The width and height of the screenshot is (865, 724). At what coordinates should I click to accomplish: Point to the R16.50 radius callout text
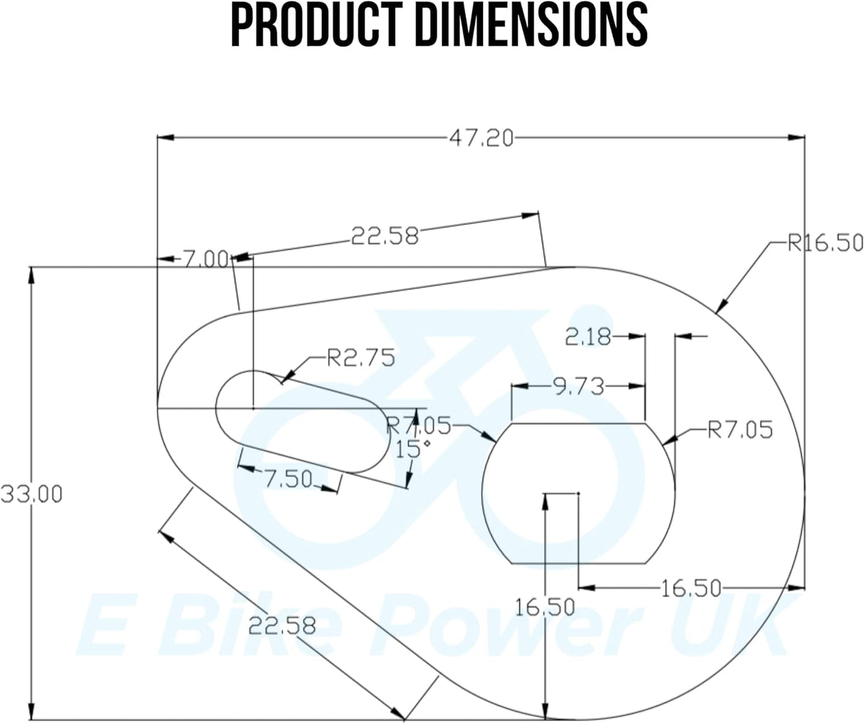pyautogui.click(x=825, y=243)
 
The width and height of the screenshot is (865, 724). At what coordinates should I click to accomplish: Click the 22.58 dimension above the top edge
pyautogui.click(x=385, y=235)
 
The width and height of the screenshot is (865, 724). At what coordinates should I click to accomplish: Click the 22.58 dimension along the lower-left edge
pyautogui.click(x=282, y=626)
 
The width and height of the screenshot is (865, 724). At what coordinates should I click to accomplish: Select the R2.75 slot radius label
pyautogui.click(x=360, y=358)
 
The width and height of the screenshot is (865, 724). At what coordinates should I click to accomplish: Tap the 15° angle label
pyautogui.click(x=413, y=449)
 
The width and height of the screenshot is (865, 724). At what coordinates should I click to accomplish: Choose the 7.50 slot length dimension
pyautogui.click(x=289, y=480)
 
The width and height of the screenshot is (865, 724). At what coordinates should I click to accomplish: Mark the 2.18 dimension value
pyautogui.click(x=588, y=336)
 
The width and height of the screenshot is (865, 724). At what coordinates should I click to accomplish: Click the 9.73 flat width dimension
pyautogui.click(x=579, y=387)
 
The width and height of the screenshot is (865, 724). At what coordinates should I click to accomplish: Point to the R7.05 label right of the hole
pyautogui.click(x=740, y=430)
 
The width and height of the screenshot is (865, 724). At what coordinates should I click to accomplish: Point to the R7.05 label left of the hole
pyautogui.click(x=418, y=426)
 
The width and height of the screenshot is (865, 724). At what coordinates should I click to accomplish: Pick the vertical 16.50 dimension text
pyautogui.click(x=545, y=607)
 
